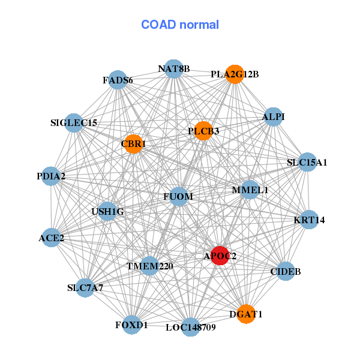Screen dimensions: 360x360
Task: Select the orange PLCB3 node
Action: (203, 131)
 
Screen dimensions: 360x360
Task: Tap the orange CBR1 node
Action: (133, 144)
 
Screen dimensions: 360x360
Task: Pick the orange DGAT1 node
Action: (245, 314)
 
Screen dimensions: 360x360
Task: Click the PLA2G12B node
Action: (235, 74)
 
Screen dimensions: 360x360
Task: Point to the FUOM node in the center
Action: (178, 196)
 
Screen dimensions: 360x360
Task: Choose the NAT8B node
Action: (173, 69)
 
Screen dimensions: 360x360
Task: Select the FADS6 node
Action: (118, 80)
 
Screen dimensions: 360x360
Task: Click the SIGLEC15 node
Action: (74, 123)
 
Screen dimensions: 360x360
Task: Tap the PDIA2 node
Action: (51, 176)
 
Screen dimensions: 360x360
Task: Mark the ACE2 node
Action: (52, 238)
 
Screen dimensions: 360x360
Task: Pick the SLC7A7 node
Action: (85, 287)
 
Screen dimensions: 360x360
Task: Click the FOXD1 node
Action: (131, 325)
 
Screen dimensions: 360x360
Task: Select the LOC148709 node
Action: (190, 327)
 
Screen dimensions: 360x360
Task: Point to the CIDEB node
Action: (286, 272)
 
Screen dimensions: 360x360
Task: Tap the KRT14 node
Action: (309, 220)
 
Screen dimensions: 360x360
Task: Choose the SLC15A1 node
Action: (307, 162)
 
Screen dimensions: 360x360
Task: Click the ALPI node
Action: (273, 116)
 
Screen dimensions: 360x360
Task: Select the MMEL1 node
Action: (250, 190)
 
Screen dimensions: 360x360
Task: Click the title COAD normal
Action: (180, 25)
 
